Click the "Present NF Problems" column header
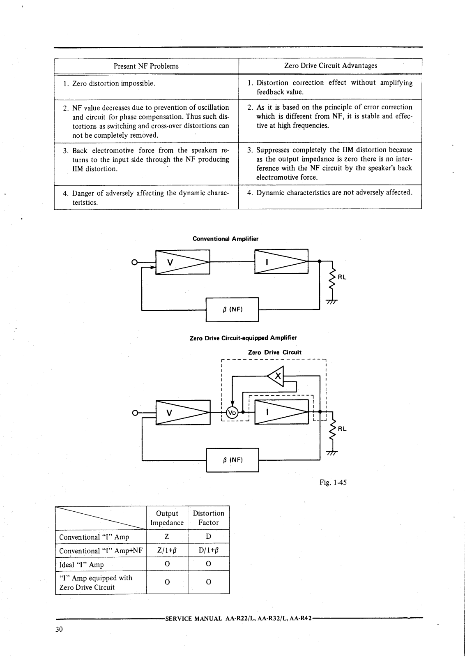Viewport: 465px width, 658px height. coord(146,66)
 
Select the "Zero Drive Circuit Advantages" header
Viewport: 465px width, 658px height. coord(331,65)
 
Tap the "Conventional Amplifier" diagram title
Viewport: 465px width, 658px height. coord(226,239)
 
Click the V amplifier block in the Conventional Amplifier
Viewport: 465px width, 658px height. coord(183,262)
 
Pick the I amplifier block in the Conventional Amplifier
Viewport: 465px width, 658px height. coord(281,261)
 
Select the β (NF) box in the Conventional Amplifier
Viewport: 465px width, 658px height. coord(232,309)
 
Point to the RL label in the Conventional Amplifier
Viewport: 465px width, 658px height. coord(342,277)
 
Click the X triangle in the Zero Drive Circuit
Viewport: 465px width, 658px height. coord(276,376)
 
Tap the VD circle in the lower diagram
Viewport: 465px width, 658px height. coord(232,413)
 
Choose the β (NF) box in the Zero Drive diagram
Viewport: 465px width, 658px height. coord(232,460)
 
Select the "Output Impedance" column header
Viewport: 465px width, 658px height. coord(167,518)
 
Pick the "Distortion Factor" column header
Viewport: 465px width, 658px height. coord(208,517)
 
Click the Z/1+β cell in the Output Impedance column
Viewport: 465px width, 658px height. coord(167,550)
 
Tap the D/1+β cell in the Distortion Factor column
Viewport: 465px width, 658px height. coord(208,550)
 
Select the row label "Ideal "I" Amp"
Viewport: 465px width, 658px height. coord(81,565)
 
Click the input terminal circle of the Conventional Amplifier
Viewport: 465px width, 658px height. coord(134,262)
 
